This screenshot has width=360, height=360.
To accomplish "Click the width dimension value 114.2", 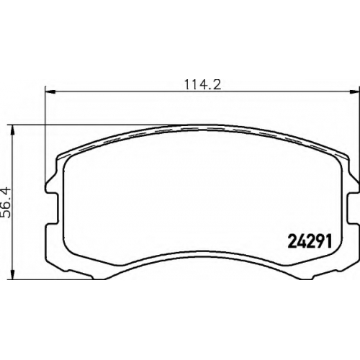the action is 202,84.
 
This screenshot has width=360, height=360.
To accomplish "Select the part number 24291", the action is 310,242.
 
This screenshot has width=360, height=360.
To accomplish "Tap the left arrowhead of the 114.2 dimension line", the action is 50,91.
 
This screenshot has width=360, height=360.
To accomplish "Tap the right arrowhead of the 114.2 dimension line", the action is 354,91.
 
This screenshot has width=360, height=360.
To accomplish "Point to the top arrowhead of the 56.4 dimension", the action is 12,130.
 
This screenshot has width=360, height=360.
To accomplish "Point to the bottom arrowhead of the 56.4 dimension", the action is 12,274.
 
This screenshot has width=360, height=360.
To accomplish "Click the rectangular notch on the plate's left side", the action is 51,208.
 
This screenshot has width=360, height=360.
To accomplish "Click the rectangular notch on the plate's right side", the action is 354,208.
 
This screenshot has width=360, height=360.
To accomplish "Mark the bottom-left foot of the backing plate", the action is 79,273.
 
